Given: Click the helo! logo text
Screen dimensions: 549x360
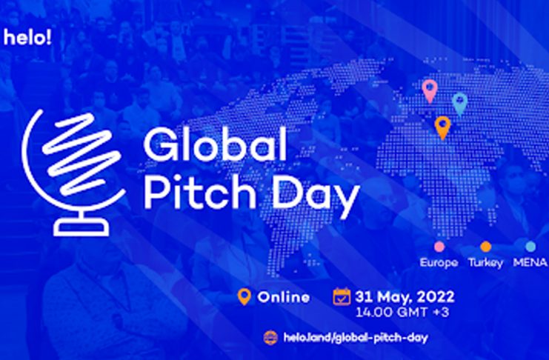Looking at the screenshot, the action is [x=27, y=37].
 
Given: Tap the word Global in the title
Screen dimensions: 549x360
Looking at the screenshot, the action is [x=215, y=144].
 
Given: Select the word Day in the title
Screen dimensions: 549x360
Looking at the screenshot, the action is [x=316, y=196].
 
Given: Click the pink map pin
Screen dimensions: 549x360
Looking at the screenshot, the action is [x=430, y=91].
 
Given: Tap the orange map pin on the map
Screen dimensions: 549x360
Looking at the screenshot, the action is [x=442, y=128].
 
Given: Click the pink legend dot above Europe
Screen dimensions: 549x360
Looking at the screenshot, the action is [x=439, y=247].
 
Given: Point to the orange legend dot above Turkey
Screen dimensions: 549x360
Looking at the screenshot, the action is [x=485, y=247].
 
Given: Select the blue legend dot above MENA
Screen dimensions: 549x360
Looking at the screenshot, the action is [x=530, y=247].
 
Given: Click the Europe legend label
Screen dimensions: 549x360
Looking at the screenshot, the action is [x=439, y=263].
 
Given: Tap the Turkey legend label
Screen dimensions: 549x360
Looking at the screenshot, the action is [x=485, y=263].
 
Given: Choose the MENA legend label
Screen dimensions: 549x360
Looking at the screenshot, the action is [x=530, y=262].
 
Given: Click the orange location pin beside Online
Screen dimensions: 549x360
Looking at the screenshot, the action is [x=244, y=297].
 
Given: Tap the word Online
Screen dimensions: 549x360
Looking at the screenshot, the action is [x=284, y=297].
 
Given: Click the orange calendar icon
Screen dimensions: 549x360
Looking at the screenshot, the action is [x=342, y=296].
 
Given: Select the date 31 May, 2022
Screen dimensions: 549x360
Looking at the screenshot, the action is [x=405, y=297].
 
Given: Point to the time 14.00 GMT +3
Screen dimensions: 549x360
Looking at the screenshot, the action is [x=402, y=313].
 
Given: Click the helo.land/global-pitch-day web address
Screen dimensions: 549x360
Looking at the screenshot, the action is [x=356, y=338].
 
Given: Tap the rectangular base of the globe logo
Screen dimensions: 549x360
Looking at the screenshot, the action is [x=81, y=228].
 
